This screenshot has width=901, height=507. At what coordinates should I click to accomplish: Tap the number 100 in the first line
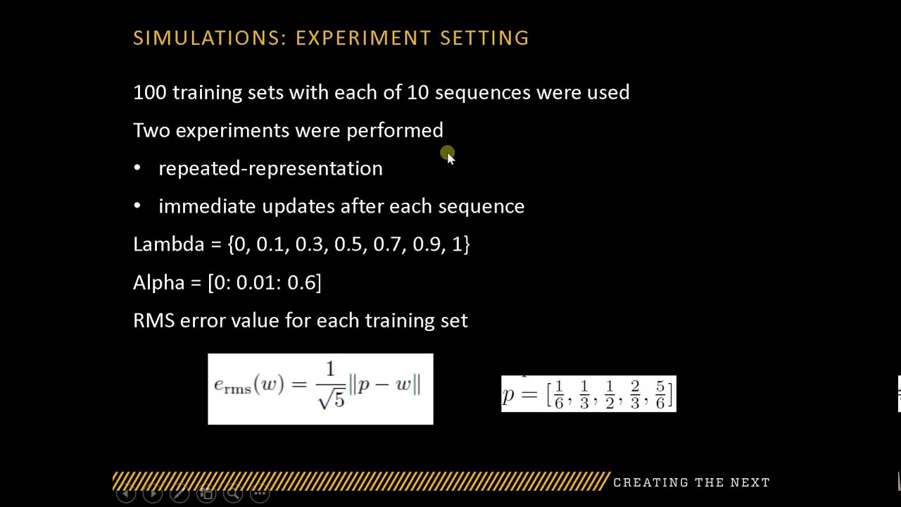(x=149, y=92)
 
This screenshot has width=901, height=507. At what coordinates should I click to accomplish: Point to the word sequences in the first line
(x=482, y=93)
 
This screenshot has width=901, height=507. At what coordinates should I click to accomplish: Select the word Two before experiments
(x=151, y=130)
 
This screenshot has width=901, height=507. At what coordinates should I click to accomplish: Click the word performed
(x=394, y=131)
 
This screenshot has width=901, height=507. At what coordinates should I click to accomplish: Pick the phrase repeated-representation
(x=270, y=168)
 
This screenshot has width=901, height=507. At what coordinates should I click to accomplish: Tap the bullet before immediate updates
(x=137, y=206)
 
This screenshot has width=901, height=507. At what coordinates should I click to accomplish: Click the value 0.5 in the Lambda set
(x=348, y=244)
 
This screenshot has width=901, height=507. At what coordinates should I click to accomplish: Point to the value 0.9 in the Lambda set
(x=427, y=244)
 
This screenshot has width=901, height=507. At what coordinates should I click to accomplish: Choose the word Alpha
(x=158, y=282)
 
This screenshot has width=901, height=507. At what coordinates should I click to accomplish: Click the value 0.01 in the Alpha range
(x=258, y=282)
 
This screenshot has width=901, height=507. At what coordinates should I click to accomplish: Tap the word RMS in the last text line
(x=153, y=320)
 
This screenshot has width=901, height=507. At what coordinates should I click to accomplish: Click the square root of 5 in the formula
(x=331, y=399)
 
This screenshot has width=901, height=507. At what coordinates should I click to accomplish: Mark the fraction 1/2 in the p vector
(x=609, y=394)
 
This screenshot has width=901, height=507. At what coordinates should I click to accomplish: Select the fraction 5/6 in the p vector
(x=660, y=394)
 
